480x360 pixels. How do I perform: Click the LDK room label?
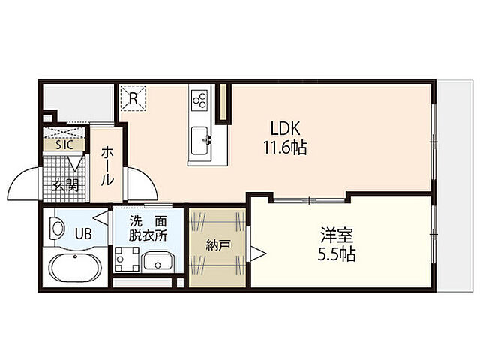click(x=285, y=129)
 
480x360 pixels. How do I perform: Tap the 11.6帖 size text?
click(x=285, y=148)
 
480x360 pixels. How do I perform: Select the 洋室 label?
click(x=337, y=235)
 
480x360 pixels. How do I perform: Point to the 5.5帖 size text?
click(x=337, y=253)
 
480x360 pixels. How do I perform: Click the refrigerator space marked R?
click(x=133, y=98)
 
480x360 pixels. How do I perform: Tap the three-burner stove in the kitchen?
click(x=199, y=100)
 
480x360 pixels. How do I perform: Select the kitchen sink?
click(x=201, y=141)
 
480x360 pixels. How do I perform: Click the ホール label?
click(x=106, y=166)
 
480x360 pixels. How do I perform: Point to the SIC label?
click(x=64, y=145)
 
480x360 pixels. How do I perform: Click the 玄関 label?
click(x=65, y=185)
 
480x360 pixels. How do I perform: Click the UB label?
click(x=83, y=234)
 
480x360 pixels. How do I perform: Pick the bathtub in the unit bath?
click(x=75, y=267)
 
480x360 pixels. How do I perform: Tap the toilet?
click(x=57, y=228)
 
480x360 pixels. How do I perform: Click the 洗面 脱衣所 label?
click(x=148, y=228)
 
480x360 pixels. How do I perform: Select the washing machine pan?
click(x=127, y=259)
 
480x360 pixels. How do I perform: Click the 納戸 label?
click(x=217, y=245)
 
